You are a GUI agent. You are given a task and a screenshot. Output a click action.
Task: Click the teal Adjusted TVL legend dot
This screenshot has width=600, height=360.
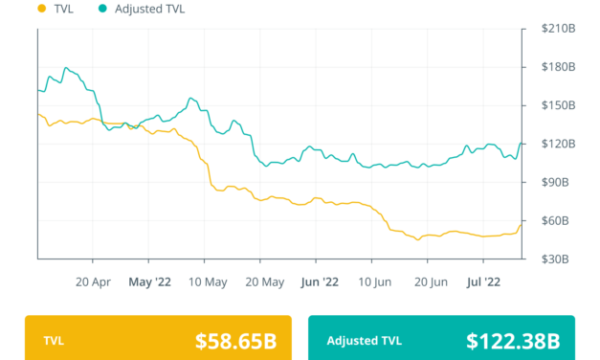click(101, 10)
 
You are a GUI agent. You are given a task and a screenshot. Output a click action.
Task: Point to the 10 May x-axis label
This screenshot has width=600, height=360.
click(207, 282)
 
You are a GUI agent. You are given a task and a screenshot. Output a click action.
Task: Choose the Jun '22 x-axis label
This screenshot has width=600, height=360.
click(319, 282)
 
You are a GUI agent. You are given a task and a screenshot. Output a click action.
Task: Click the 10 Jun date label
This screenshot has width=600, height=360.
click(376, 282)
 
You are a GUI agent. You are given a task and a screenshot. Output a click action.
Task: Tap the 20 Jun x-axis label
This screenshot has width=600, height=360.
click(432, 282)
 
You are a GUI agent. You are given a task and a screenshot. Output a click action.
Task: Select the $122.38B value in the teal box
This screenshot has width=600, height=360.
click(513, 340)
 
